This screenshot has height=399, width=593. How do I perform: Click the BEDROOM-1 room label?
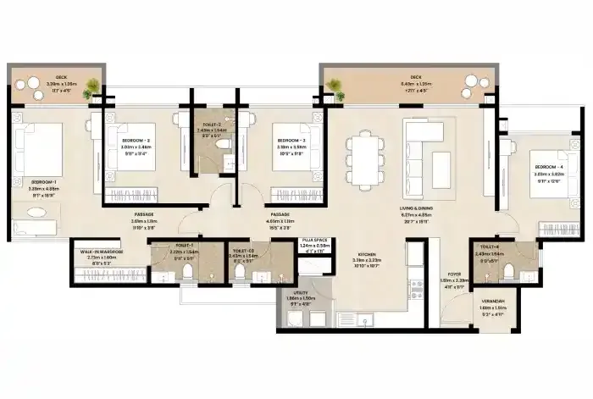point(44,181)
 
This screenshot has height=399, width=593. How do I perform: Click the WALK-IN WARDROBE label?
point(102,252)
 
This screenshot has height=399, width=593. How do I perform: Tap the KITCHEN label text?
point(366,254)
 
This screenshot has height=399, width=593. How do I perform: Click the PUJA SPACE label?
point(314,241)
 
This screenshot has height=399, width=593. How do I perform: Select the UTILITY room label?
point(300,296)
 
